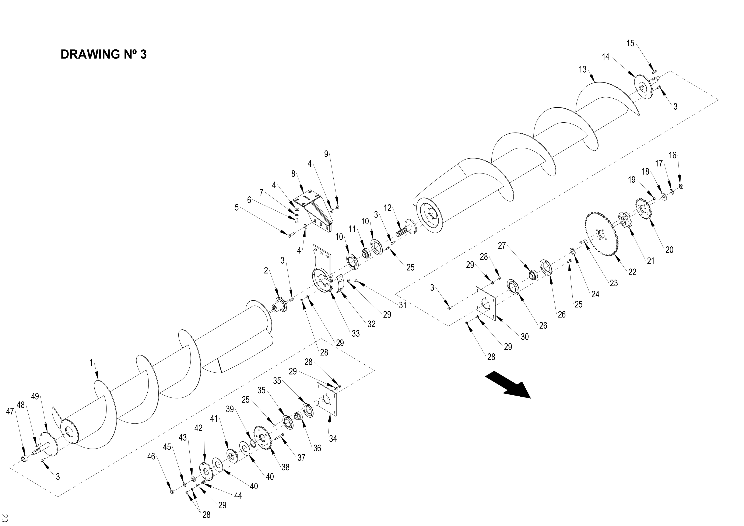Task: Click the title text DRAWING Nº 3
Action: (x=103, y=55)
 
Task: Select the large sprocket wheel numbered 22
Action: (x=602, y=233)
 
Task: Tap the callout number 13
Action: (x=582, y=69)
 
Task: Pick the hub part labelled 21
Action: (x=624, y=221)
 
